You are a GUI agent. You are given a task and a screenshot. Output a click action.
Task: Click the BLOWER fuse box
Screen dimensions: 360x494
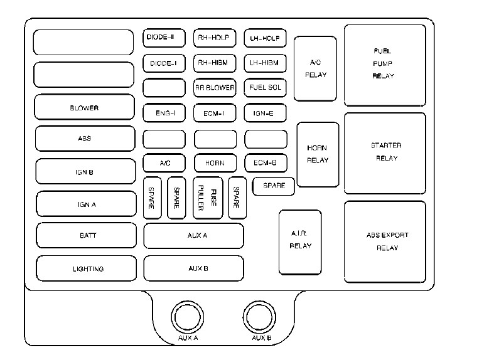coord(84,107)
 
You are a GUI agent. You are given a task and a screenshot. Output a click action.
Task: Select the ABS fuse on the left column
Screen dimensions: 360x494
coord(84,139)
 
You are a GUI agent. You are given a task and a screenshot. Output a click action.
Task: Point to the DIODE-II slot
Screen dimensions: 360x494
coord(164,38)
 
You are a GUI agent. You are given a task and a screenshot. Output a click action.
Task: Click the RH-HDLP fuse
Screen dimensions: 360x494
coord(214,38)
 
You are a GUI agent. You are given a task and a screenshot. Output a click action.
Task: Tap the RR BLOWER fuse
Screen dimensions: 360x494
coord(214,87)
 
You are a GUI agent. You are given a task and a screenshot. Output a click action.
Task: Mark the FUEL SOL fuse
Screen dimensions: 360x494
coord(265,87)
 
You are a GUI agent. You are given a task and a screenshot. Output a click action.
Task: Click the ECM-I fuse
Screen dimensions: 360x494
coord(214,113)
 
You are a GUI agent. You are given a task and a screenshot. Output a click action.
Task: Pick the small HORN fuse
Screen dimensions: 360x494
coord(214,162)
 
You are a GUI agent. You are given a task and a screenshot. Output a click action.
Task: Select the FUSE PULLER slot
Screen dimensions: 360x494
coord(208,198)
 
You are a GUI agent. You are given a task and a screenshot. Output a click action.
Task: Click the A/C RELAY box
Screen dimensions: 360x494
coord(315,68)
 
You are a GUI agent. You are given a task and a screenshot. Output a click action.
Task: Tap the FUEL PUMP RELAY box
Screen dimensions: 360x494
coord(384,63)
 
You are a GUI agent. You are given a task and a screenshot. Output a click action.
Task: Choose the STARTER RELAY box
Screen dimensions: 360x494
coord(385,152)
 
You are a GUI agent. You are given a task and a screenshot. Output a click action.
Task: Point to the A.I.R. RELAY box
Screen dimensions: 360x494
coord(300,242)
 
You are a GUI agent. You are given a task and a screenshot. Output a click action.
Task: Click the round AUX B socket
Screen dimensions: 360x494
coord(261,318)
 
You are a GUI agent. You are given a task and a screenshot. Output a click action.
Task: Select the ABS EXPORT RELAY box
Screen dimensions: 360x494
coord(385,241)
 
